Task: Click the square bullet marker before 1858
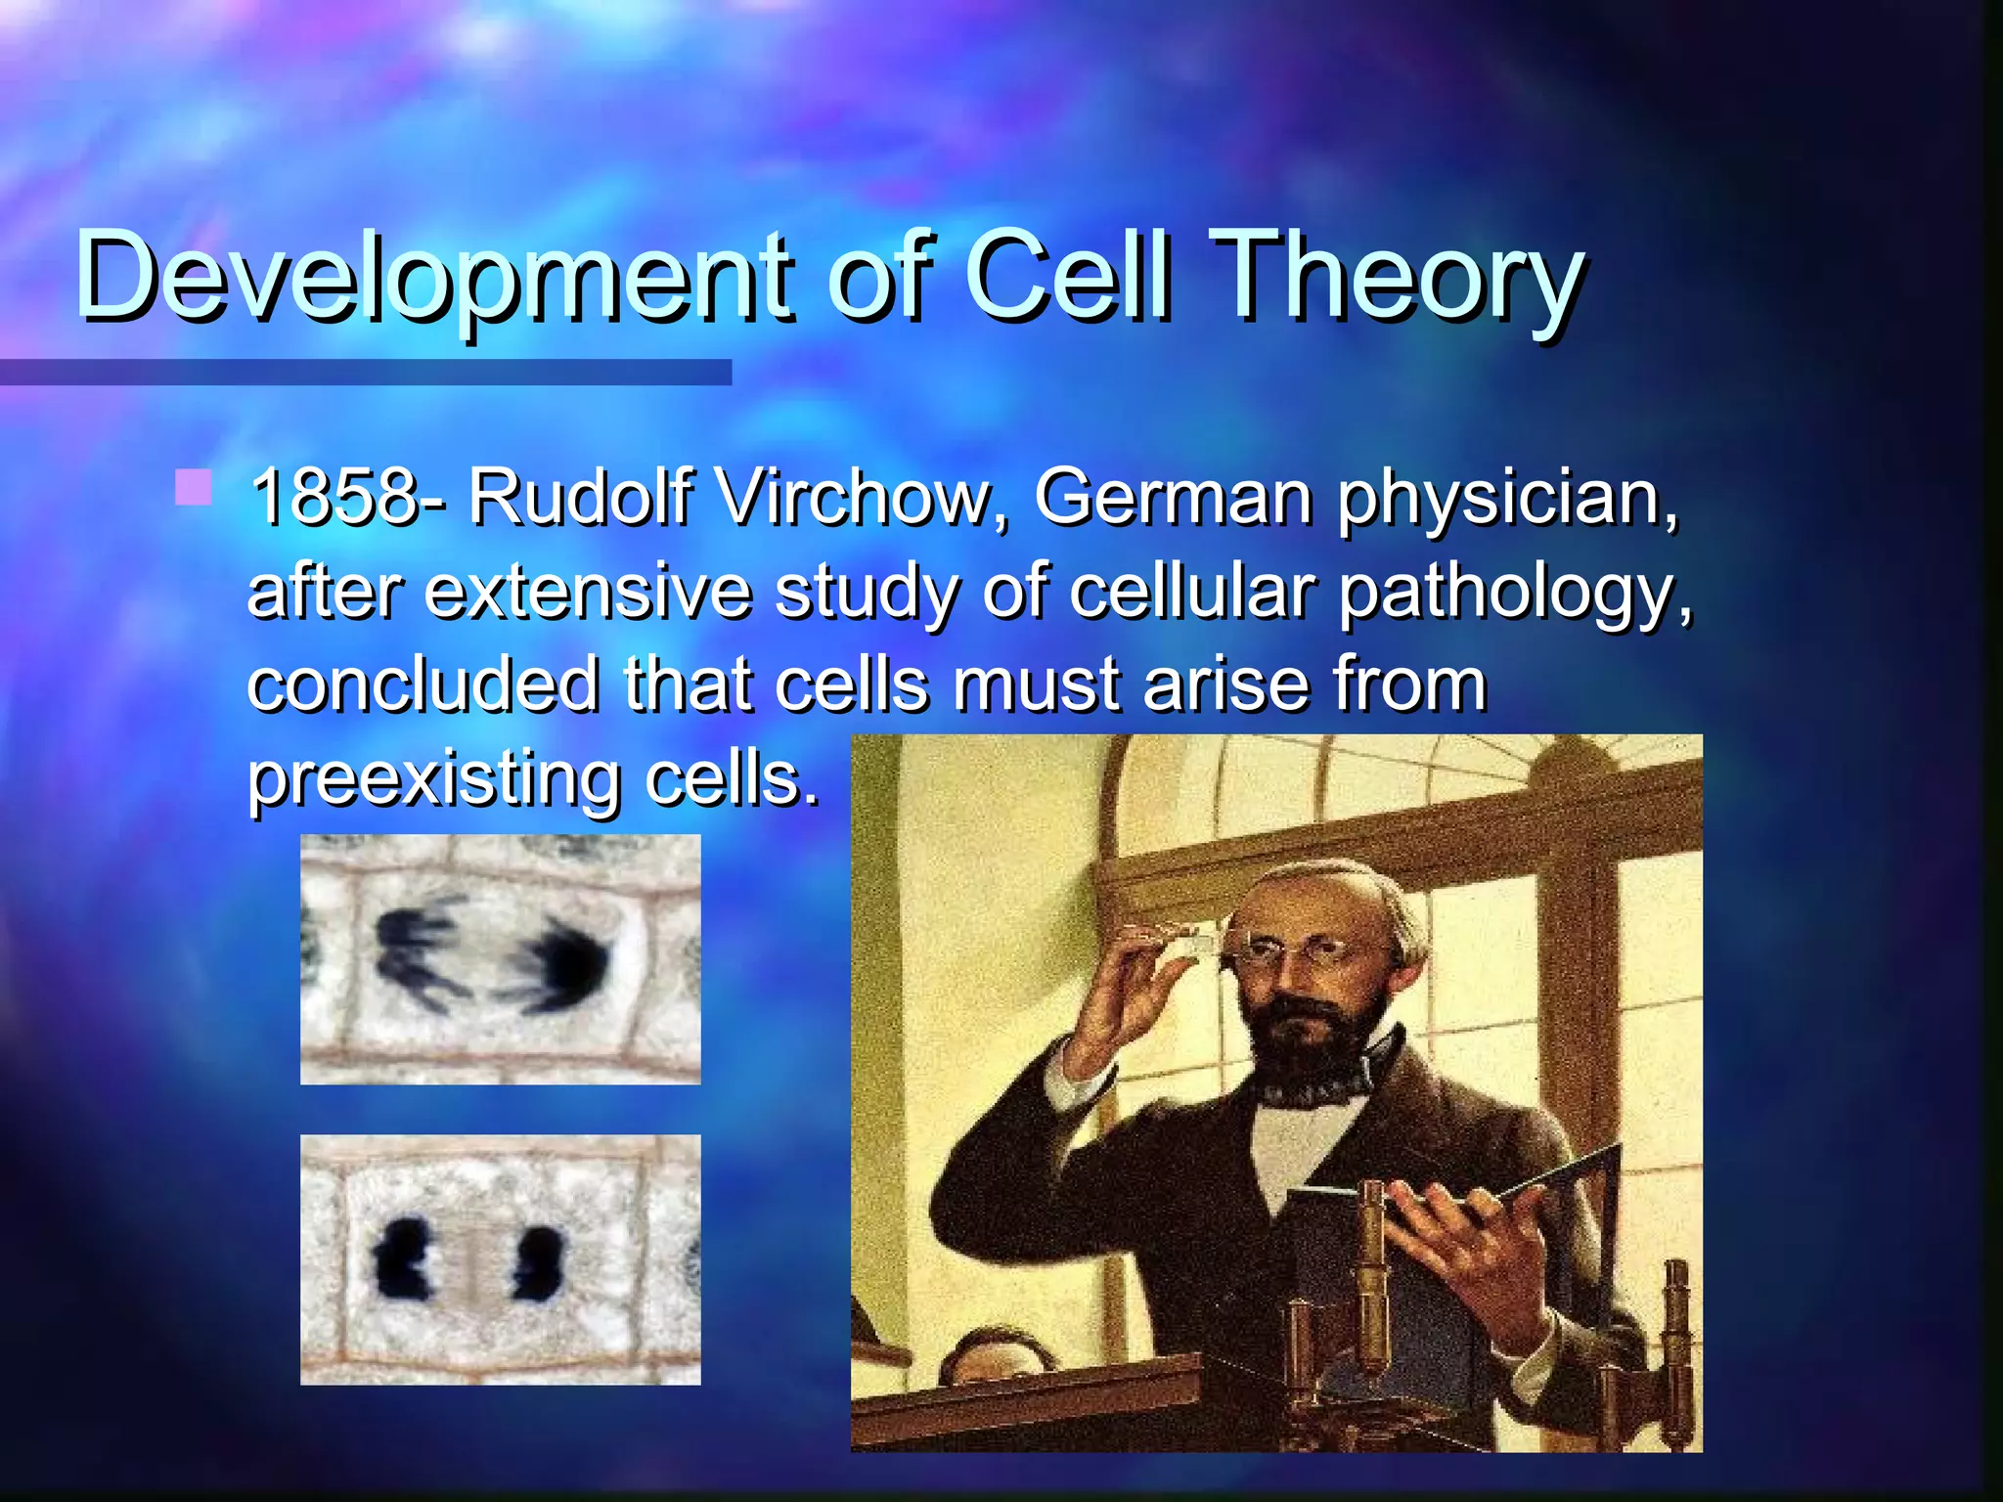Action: pos(194,487)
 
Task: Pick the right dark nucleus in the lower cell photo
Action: pos(538,1261)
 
